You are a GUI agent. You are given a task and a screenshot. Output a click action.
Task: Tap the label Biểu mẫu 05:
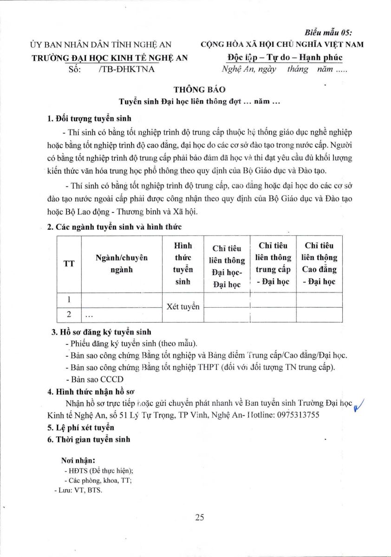[328, 32]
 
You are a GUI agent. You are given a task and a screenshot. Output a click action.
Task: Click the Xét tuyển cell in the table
[182, 307]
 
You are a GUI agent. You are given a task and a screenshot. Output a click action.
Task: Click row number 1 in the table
[69, 300]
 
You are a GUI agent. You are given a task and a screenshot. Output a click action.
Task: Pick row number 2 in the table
[69, 314]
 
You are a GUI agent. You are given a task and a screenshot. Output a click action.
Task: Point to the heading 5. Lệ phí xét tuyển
[81, 427]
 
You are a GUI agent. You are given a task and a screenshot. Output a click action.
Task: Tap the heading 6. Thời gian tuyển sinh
[89, 439]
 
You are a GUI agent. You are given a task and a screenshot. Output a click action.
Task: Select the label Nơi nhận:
[78, 461]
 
